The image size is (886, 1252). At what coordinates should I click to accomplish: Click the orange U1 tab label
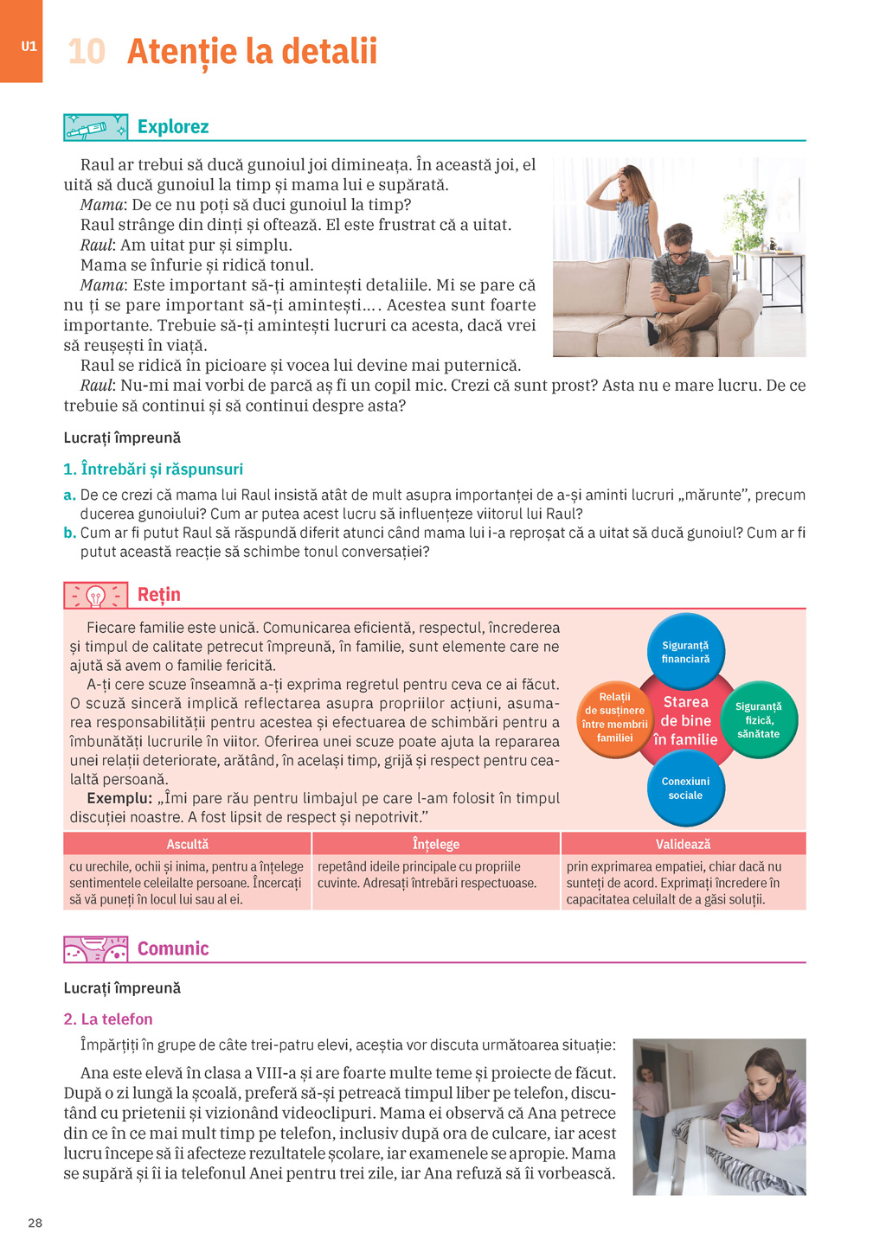29,47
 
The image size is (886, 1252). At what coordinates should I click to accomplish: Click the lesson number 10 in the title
87,52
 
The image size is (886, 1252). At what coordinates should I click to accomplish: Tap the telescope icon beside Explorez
95,128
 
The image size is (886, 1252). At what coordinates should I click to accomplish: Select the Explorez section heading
173,127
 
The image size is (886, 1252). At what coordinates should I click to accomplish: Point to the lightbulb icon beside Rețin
95,595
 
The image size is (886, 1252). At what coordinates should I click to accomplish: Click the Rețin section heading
159,595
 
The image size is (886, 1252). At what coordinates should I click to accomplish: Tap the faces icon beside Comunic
95,949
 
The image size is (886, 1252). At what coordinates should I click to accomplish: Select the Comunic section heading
173,949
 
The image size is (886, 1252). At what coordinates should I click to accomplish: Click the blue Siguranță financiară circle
685,652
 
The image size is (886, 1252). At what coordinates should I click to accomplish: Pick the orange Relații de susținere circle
614,718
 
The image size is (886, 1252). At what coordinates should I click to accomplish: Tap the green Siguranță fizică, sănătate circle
758,719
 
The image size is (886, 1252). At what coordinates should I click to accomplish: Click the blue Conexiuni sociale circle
685,788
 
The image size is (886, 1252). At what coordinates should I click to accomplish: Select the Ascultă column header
188,844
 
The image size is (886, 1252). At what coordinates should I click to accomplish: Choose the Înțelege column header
436,844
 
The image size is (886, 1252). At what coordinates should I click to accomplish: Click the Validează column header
683,844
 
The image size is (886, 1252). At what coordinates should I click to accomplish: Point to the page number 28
35,1223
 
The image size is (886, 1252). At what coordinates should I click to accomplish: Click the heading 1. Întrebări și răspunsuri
153,469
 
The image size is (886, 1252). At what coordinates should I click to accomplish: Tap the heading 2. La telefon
108,1019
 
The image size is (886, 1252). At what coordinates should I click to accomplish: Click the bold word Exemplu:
119,798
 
